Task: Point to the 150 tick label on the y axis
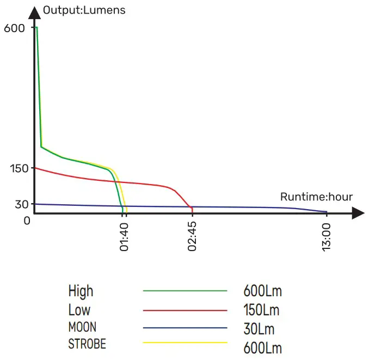19,169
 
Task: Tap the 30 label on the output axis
21,204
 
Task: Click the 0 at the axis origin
27,220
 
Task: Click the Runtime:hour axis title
316,197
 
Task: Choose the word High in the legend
81,291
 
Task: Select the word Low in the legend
79,310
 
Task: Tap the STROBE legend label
87,344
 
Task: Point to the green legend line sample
184,291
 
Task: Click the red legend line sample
184,310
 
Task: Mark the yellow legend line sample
184,343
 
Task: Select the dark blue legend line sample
184,328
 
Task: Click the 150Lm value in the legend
261,310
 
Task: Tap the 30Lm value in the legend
259,329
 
